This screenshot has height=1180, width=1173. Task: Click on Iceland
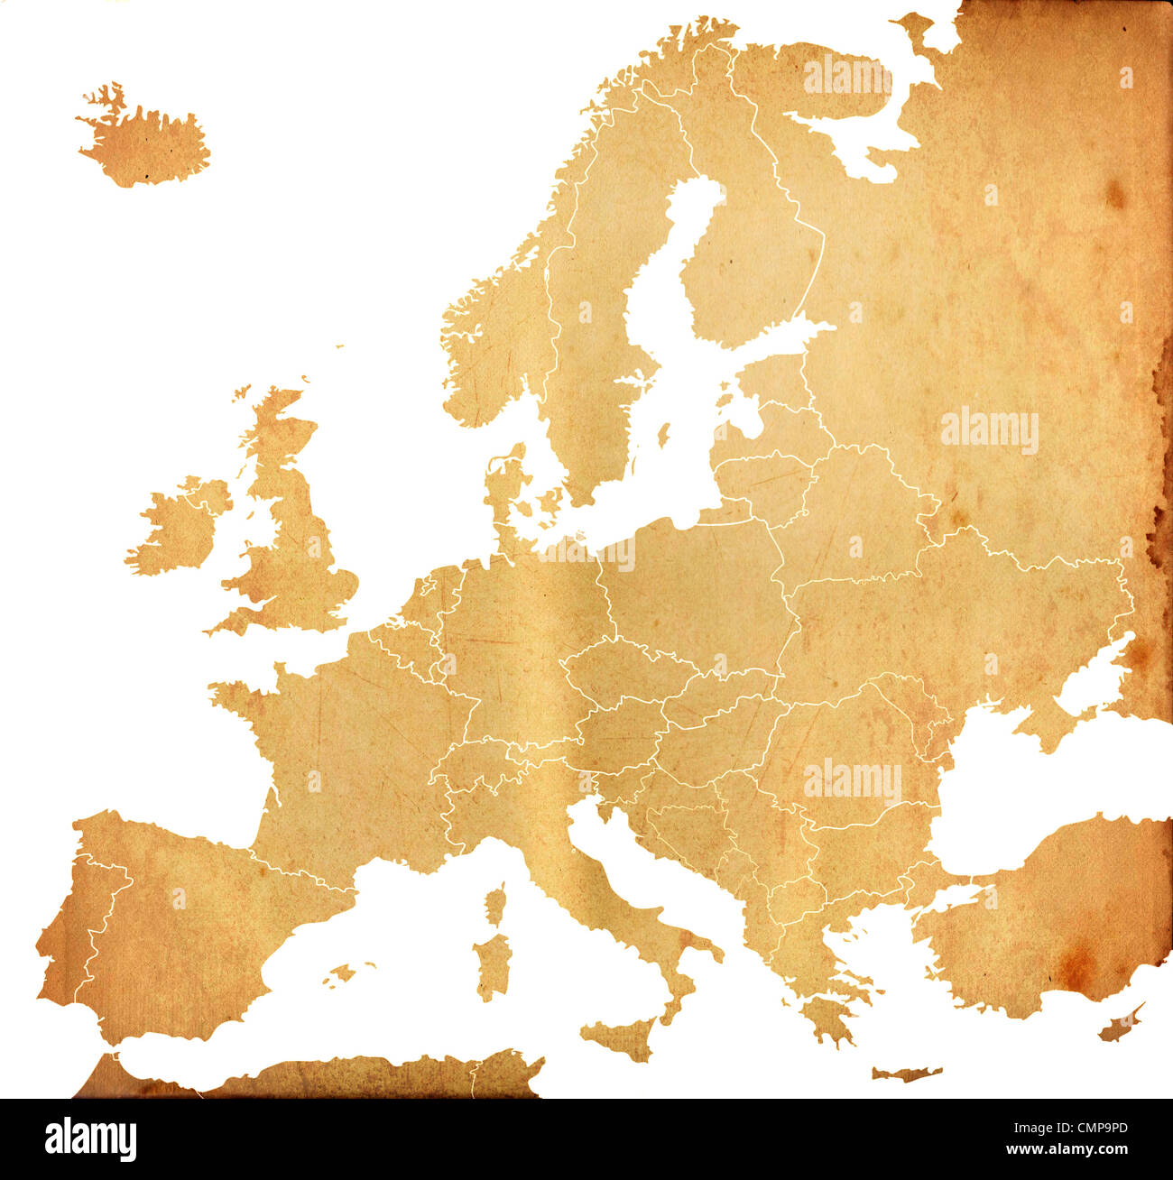click(x=144, y=144)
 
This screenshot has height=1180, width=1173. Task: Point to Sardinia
click(x=493, y=965)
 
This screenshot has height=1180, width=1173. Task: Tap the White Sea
click(x=866, y=135)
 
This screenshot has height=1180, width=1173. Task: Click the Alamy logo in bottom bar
click(x=90, y=1139)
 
